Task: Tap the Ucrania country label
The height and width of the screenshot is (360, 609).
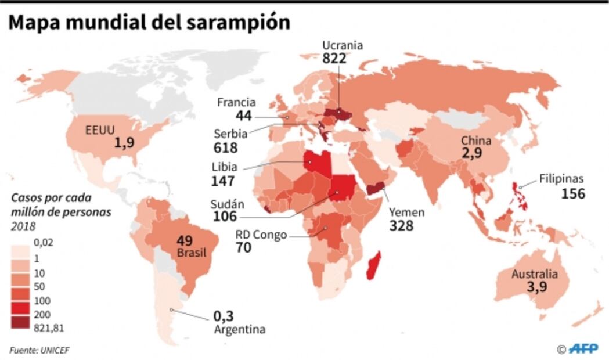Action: pos(343,45)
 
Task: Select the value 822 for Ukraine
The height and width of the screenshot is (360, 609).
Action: pos(335,58)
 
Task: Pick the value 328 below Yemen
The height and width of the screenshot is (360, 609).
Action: pos(401,225)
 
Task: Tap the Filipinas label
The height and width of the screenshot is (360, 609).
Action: pos(561,179)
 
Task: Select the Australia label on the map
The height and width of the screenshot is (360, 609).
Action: pos(534,275)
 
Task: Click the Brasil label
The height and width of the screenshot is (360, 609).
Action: pos(188,254)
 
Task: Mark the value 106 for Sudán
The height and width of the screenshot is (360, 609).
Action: pos(225,216)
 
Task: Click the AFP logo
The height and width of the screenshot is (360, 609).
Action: pos(583,348)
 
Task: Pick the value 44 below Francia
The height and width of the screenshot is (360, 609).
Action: pos(244,116)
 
